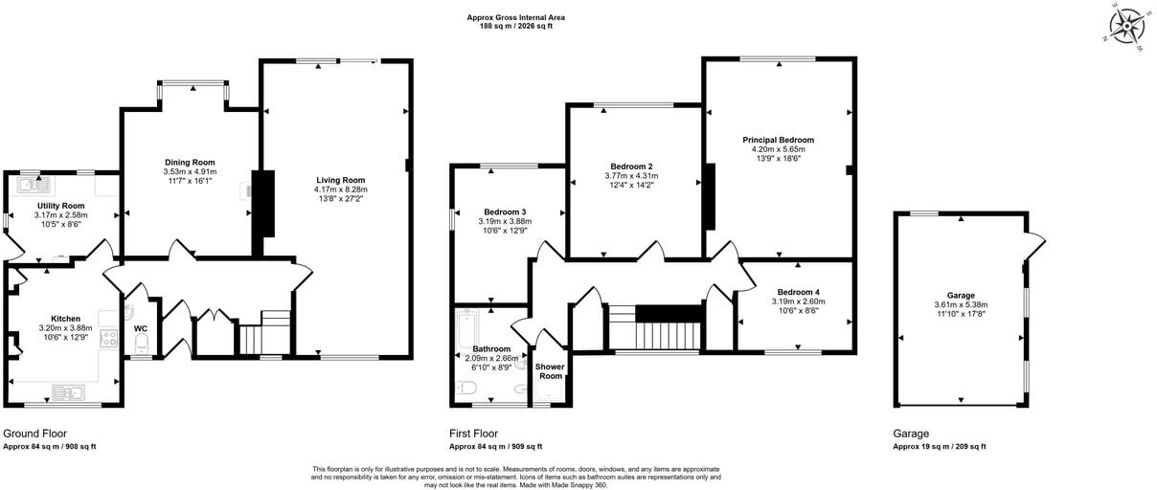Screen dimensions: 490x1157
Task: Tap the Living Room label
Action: pyautogui.click(x=341, y=180)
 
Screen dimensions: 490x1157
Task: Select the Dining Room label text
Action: pyautogui.click(x=190, y=162)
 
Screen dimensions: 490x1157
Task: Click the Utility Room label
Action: pyautogui.click(x=61, y=206)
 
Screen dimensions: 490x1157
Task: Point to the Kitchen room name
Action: pyautogui.click(x=66, y=319)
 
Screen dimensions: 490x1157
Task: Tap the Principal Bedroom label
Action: pyautogui.click(x=778, y=140)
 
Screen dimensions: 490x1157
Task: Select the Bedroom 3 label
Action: pyautogui.click(x=505, y=212)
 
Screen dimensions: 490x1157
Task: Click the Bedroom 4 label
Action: pyautogui.click(x=798, y=292)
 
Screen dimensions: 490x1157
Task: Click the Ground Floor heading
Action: pyautogui.click(x=35, y=434)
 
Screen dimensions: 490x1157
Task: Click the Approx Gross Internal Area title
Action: pyautogui.click(x=515, y=16)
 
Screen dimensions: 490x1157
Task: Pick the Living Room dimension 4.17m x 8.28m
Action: pyautogui.click(x=341, y=189)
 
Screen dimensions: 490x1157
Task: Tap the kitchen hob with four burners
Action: pyautogui.click(x=108, y=337)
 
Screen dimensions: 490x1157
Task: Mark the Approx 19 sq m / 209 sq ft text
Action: pyautogui.click(x=939, y=446)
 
